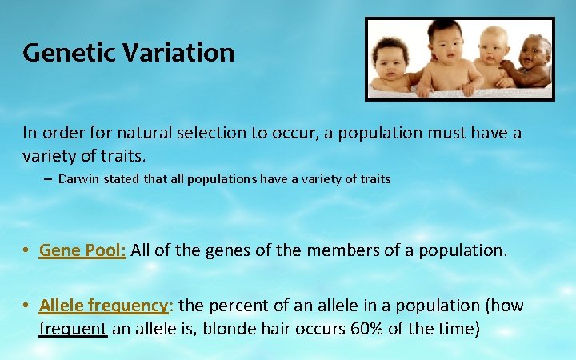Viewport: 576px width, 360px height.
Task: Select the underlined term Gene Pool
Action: [x=83, y=250]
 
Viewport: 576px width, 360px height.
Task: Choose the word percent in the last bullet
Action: [x=238, y=306]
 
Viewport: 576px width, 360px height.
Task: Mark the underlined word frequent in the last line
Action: [x=73, y=328]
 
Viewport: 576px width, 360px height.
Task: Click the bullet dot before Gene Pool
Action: [x=27, y=251]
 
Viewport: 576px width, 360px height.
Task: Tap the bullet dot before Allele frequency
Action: [x=27, y=306]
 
